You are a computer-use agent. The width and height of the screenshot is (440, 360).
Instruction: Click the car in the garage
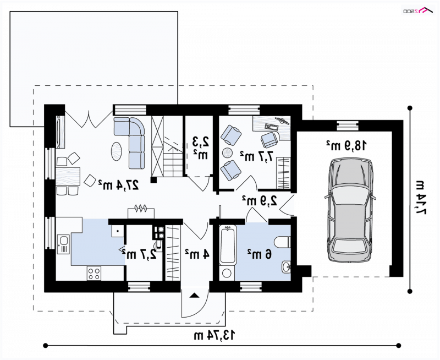pos(350,210)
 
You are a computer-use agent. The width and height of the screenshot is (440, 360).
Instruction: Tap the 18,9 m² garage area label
pos(346,146)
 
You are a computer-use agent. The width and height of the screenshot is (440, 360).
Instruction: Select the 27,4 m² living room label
pos(118,184)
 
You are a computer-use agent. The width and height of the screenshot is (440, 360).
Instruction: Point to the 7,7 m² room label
pos(256,156)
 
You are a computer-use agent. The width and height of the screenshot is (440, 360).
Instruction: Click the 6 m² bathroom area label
pos(259,254)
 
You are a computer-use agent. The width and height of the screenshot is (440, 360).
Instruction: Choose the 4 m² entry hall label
pos(197,254)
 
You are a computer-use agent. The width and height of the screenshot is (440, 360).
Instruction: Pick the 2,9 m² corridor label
pos(260,200)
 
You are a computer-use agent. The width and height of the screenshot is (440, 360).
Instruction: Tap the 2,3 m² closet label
pos(201,148)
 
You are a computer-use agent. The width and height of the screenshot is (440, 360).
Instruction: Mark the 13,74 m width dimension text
pos(214,335)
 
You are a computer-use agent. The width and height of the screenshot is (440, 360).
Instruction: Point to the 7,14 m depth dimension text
pos(421,198)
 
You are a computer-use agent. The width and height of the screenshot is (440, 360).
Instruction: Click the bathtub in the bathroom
pos(228,246)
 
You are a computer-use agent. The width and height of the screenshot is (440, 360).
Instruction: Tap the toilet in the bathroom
pos(283,242)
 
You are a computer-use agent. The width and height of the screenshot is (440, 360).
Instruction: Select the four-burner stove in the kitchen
pos(94,274)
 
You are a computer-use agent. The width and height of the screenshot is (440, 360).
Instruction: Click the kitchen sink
pos(63,244)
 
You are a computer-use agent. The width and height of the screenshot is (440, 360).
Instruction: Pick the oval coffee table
pos(117,151)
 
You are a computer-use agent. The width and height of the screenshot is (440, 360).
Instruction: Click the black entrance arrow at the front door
pos(195,296)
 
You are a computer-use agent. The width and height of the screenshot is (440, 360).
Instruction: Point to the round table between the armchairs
pos(228,153)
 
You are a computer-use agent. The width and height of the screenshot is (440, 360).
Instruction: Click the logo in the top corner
pos(418,11)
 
